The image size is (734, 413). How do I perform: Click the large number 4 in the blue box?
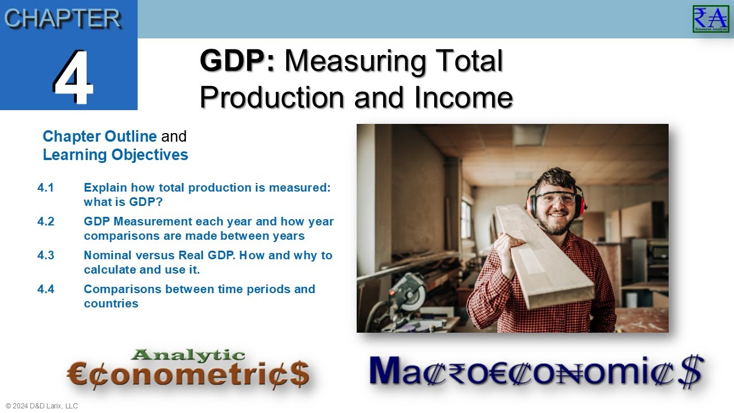(x=73, y=77)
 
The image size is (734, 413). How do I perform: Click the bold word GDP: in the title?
(x=237, y=61)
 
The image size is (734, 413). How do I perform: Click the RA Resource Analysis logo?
(x=710, y=19)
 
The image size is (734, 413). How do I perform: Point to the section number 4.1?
(x=45, y=188)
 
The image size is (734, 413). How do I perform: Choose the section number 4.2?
(x=46, y=221)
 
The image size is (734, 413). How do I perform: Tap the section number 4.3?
(x=46, y=255)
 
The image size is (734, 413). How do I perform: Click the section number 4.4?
(x=46, y=289)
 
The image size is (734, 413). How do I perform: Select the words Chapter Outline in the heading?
(x=99, y=137)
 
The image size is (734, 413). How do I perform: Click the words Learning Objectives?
(x=115, y=155)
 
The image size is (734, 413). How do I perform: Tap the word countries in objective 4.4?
(x=111, y=303)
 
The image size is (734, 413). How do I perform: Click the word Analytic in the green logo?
(x=188, y=356)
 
